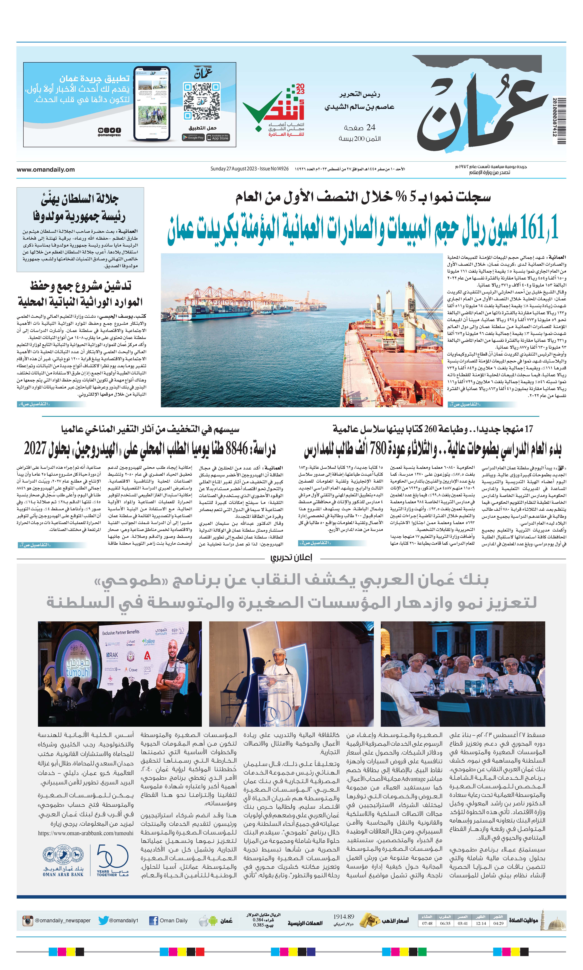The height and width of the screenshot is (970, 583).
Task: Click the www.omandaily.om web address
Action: [46, 169]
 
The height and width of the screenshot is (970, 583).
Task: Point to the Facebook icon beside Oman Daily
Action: [154, 920]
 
